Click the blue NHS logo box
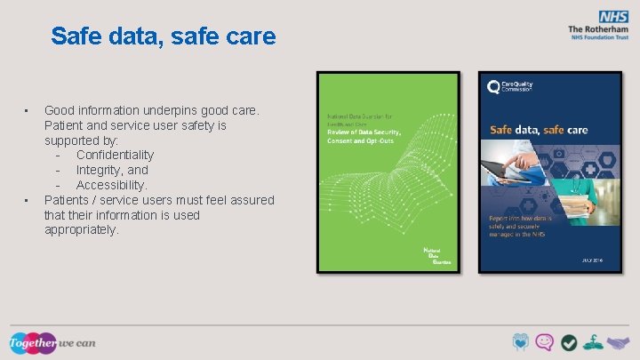[x=612, y=16]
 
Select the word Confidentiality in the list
[x=115, y=155]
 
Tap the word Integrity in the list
[x=100, y=170]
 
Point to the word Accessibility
[x=111, y=185]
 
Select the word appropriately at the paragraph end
[x=81, y=229]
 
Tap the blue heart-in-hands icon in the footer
[x=521, y=342]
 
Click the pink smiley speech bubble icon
[x=545, y=342]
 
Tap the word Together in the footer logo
[x=32, y=343]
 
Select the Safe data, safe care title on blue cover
[x=539, y=130]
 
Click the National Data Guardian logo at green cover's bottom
[x=436, y=256]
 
